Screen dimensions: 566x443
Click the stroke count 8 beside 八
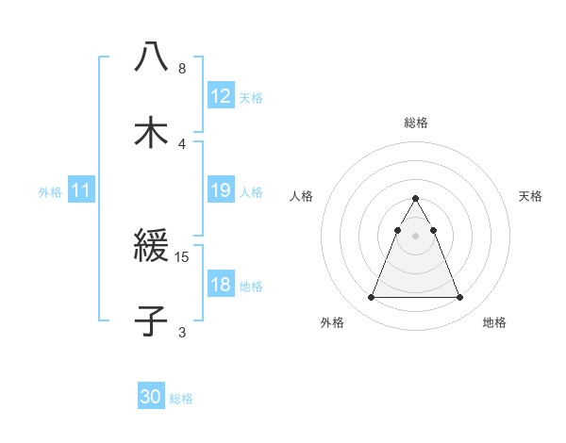tap(182, 69)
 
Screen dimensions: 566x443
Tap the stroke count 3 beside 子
tap(182, 331)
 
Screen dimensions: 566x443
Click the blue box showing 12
tap(220, 96)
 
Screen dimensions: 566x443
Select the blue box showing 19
tap(220, 190)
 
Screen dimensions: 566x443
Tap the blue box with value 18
tap(220, 285)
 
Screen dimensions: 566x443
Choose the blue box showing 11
tap(81, 190)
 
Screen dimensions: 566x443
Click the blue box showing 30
tap(151, 397)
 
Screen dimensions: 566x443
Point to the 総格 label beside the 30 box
tap(181, 399)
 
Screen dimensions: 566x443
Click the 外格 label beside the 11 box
tap(50, 192)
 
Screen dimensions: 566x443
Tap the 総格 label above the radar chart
tap(415, 123)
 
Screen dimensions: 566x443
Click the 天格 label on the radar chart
tap(530, 196)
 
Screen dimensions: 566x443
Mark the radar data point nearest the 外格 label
tap(371, 298)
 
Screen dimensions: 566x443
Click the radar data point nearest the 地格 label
tap(459, 298)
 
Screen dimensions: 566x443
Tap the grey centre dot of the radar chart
tap(415, 236)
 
